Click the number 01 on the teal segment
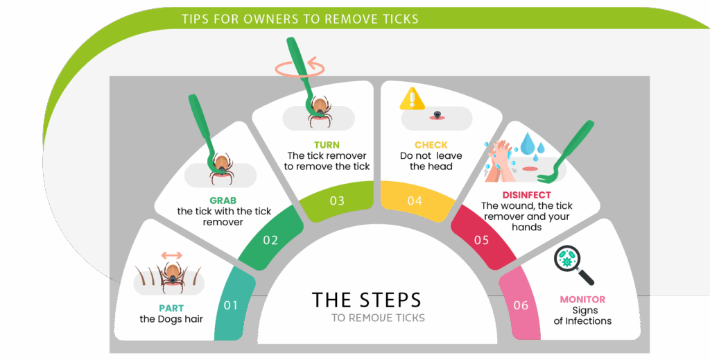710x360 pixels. pyautogui.click(x=230, y=305)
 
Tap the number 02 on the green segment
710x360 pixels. pyautogui.click(x=270, y=240)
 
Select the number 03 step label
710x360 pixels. pyautogui.click(x=337, y=200)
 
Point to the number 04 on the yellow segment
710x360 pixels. pyautogui.click(x=415, y=200)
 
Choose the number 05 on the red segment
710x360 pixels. pyautogui.click(x=481, y=240)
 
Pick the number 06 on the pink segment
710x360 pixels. pyautogui.click(x=521, y=305)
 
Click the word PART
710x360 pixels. pyautogui.click(x=171, y=309)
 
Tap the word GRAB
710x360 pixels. pyautogui.click(x=223, y=200)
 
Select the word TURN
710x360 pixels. pyautogui.click(x=327, y=145)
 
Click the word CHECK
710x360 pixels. pyautogui.click(x=431, y=145)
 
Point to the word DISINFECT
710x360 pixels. pyautogui.click(x=527, y=195)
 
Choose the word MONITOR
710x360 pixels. pyautogui.click(x=582, y=300)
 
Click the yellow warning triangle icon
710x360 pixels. pyautogui.click(x=412, y=98)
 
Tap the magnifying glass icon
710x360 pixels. pyautogui.click(x=573, y=265)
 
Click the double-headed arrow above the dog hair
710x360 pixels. pyautogui.click(x=172, y=255)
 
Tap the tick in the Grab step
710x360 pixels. pyautogui.click(x=221, y=168)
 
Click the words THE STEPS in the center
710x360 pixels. pyautogui.click(x=367, y=300)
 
